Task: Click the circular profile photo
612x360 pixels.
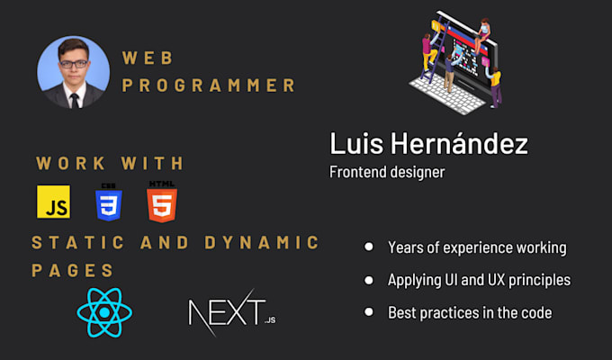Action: tap(74, 73)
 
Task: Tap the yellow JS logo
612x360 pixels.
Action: tap(54, 202)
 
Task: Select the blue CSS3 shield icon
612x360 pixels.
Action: tap(109, 201)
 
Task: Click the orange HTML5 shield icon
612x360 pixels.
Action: tap(162, 201)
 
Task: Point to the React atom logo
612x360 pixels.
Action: tap(104, 311)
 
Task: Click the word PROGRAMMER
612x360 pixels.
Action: tap(209, 85)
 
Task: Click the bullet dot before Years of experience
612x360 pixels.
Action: tap(368, 247)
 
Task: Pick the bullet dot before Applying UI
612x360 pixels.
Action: tap(368, 281)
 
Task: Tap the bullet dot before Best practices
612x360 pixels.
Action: tap(368, 313)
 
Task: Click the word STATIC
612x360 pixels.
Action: tap(79, 243)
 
